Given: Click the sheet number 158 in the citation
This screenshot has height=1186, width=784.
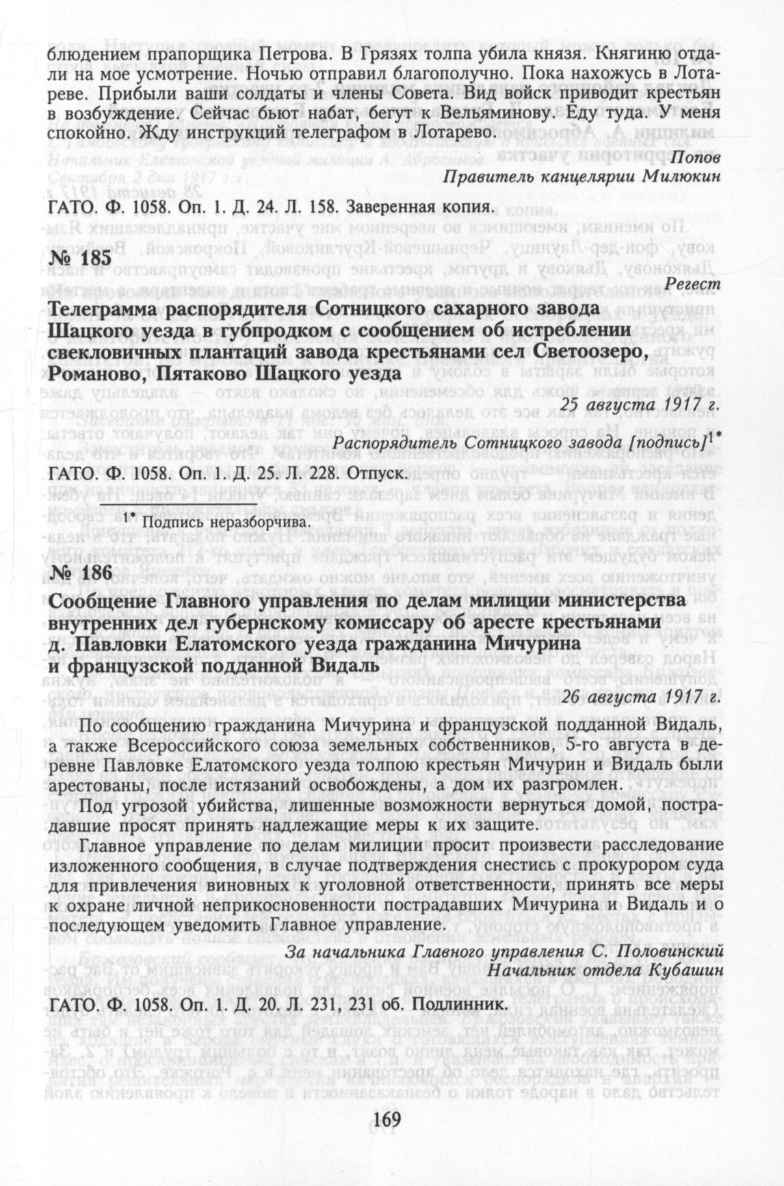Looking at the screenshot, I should (x=324, y=205).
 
